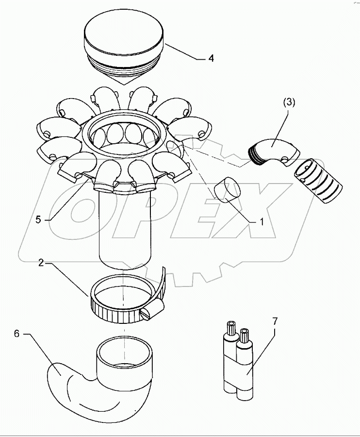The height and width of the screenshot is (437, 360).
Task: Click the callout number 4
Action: tap(211, 59)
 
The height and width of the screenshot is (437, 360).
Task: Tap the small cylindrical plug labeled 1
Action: tap(227, 190)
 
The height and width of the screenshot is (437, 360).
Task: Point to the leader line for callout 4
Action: tap(182, 52)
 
